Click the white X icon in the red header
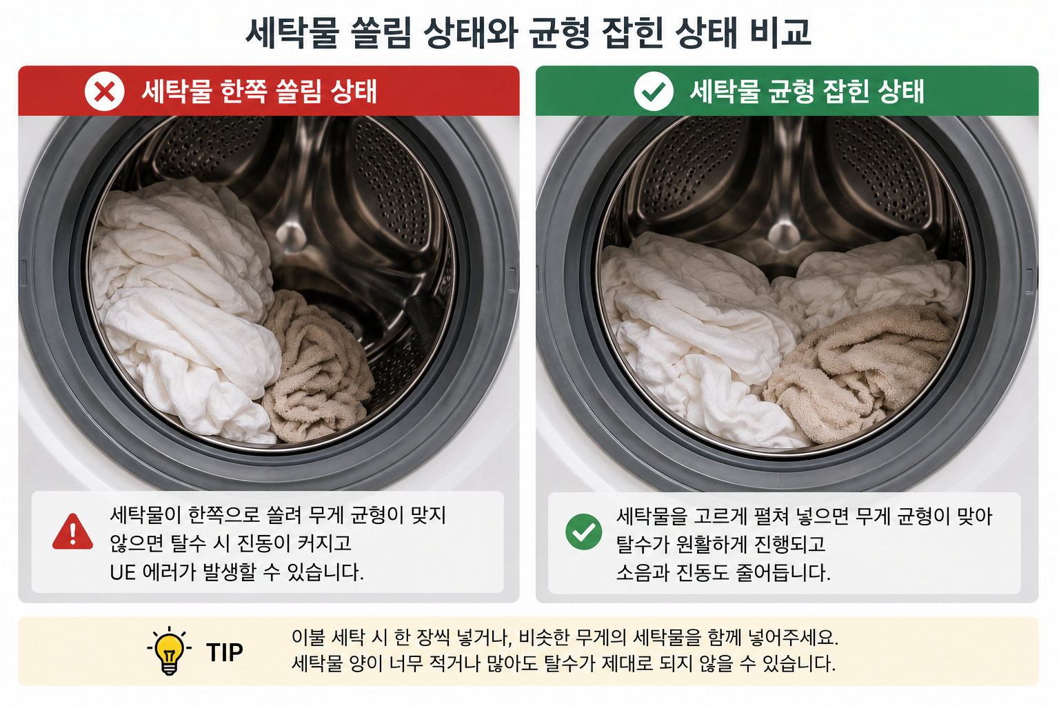[x=105, y=91]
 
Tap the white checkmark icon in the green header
[x=654, y=91]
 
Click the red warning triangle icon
[x=72, y=532]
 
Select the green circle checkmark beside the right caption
[x=583, y=532]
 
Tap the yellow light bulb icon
[x=169, y=651]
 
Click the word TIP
[x=225, y=652]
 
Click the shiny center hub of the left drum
[x=290, y=236]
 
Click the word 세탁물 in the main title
[x=292, y=32]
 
